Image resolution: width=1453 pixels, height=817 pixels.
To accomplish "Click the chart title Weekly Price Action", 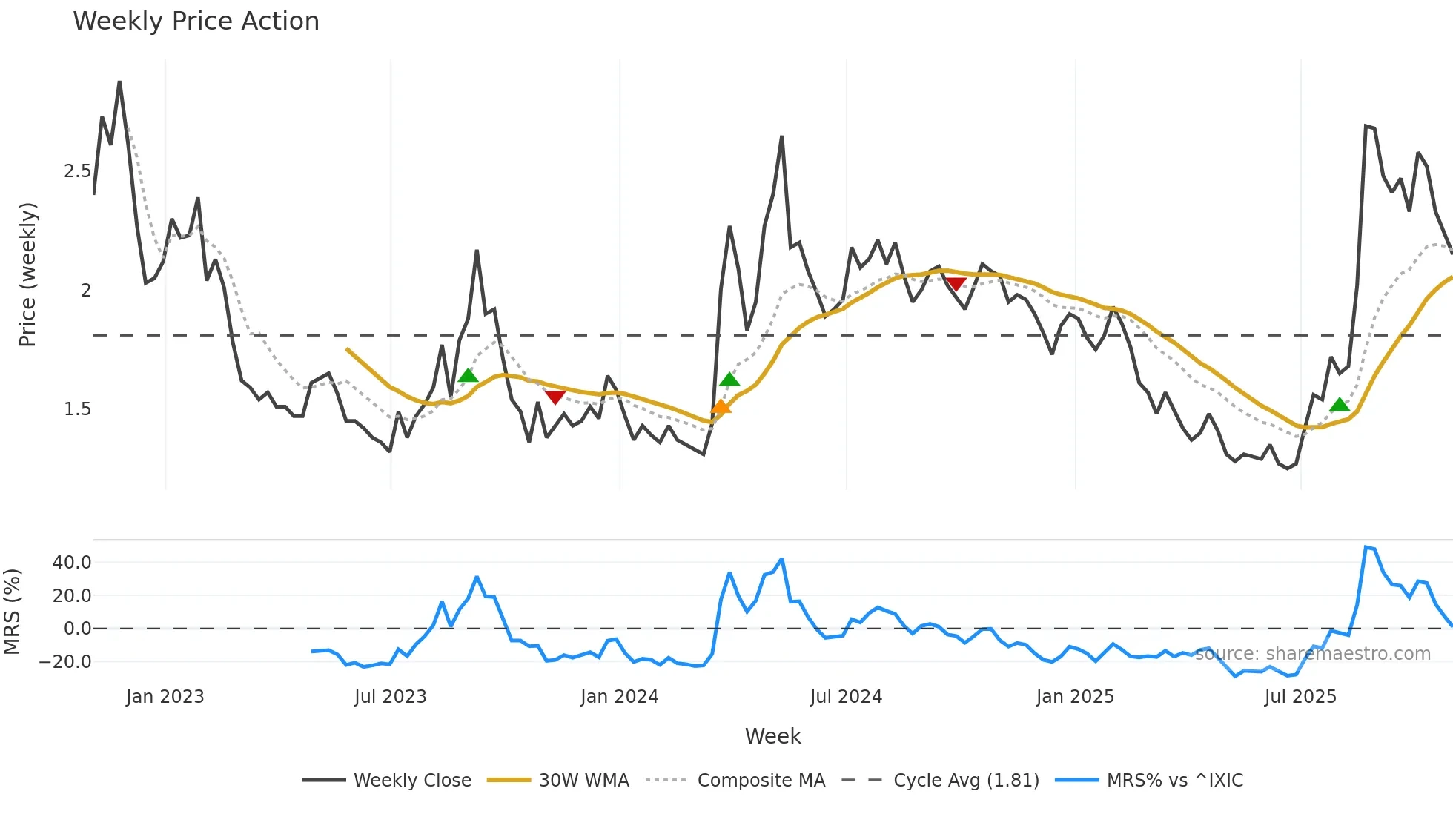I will tap(196, 21).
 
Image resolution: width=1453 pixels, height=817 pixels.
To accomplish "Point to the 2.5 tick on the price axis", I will tap(77, 171).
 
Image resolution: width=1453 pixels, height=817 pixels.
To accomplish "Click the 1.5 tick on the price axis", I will tap(77, 409).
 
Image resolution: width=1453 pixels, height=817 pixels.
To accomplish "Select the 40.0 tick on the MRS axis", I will tap(72, 563).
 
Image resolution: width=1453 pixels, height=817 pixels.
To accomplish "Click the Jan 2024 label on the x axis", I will tap(619, 697).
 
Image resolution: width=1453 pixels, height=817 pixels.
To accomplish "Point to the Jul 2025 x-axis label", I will tap(1300, 697).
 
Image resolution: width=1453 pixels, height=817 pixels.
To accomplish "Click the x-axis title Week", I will tap(772, 736).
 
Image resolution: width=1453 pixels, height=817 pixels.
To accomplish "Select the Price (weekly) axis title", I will tap(27, 274).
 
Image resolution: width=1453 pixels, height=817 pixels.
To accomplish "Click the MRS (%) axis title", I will tap(12, 612).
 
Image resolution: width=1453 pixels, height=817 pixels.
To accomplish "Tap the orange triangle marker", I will tap(721, 406).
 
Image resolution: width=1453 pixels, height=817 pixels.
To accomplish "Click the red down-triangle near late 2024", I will tap(956, 284).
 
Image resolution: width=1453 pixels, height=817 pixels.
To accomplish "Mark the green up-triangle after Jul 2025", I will tap(1340, 405).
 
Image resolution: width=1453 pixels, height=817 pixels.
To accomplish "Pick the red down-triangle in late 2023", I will tap(555, 397).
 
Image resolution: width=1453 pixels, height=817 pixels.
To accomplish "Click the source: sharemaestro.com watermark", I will tap(1312, 654).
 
